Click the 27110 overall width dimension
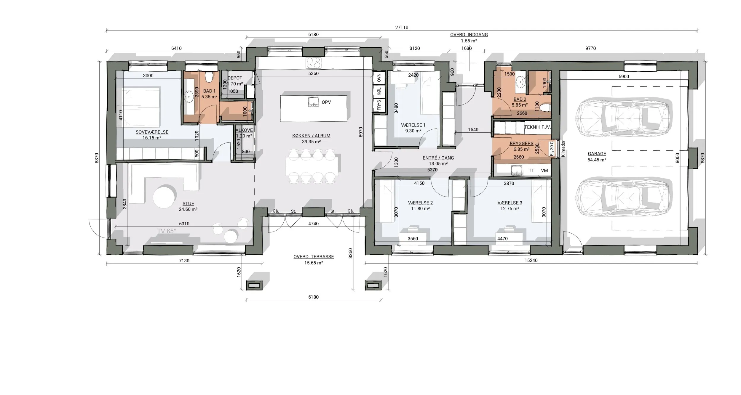pyautogui.click(x=402, y=28)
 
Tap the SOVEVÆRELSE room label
pyautogui.click(x=152, y=132)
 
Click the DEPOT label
pyautogui.click(x=235, y=78)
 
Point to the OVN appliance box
pyautogui.click(x=379, y=78)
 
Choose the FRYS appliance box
pyautogui.click(x=379, y=105)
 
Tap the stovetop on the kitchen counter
pyautogui.click(x=314, y=63)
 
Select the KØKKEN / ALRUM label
pyautogui.click(x=311, y=136)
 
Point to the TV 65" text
pyautogui.click(x=167, y=231)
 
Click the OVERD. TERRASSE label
pyautogui.click(x=314, y=257)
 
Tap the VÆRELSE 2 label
pyautogui.click(x=420, y=203)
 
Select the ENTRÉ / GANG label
pyautogui.click(x=438, y=158)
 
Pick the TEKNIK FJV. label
pyautogui.click(x=538, y=127)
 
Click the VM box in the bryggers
pyautogui.click(x=544, y=171)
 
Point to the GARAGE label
pyautogui.click(x=597, y=154)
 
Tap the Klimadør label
pyautogui.click(x=563, y=149)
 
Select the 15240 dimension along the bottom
pyautogui.click(x=531, y=261)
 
